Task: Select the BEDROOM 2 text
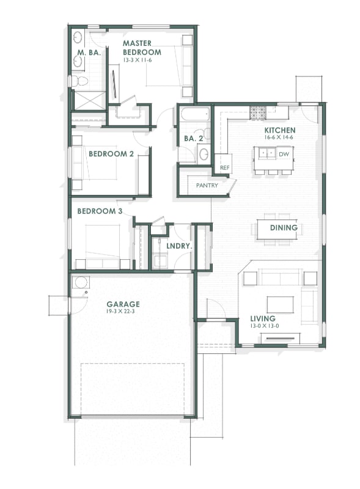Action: pyautogui.click(x=111, y=154)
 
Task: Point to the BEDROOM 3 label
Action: pyautogui.click(x=100, y=211)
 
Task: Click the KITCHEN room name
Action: pyautogui.click(x=280, y=130)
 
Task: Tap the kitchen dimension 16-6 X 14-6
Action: pyautogui.click(x=280, y=138)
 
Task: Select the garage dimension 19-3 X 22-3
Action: pyautogui.click(x=123, y=312)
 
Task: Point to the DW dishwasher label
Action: pyautogui.click(x=283, y=154)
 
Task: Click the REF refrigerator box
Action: pyautogui.click(x=224, y=167)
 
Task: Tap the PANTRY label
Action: pyautogui.click(x=207, y=185)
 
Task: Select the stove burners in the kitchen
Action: pyautogui.click(x=257, y=112)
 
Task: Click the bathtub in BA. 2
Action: pyautogui.click(x=195, y=114)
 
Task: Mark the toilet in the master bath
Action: pyautogui.click(x=79, y=81)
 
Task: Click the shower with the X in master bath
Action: pyautogui.click(x=89, y=100)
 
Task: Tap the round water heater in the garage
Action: pyautogui.click(x=80, y=282)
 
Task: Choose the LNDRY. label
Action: pyautogui.click(x=179, y=246)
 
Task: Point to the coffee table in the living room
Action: pyautogui.click(x=280, y=304)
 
